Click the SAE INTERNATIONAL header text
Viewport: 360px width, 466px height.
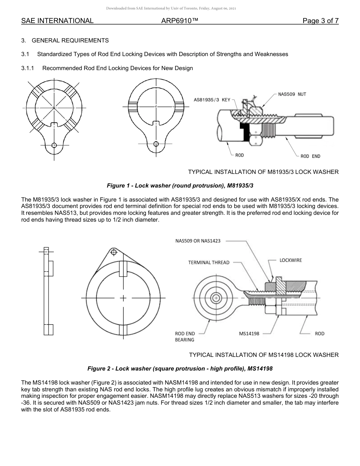point(57,21)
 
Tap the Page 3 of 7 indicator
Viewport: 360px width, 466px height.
point(320,21)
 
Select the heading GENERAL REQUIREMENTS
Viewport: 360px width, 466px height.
point(70,41)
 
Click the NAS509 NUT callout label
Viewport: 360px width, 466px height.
point(292,94)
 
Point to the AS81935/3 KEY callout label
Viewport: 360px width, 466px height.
point(212,100)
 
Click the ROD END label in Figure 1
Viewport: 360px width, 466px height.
point(310,156)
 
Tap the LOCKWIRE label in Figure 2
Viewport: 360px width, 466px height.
point(291,260)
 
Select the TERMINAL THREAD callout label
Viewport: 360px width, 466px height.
point(209,263)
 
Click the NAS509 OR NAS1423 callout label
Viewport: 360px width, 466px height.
point(198,241)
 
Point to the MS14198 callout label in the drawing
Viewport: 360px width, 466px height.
point(249,334)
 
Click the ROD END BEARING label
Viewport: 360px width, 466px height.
point(185,337)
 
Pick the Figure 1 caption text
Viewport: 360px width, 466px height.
point(180,186)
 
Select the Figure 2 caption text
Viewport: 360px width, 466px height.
point(180,368)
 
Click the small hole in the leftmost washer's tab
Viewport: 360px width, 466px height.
point(54,145)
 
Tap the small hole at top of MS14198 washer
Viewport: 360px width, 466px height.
point(113,252)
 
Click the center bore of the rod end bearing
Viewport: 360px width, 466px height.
point(216,298)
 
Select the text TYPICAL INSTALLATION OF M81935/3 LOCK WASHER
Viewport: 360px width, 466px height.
point(263,172)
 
